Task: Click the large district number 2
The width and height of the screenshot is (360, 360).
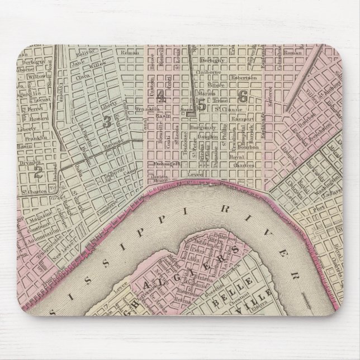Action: [38, 173]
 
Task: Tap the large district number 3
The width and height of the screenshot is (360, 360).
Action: [106, 122]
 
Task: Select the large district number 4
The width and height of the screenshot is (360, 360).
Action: [162, 96]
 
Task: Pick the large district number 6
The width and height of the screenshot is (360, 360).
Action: [243, 96]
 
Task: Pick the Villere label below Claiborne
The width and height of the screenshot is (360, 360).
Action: [216, 86]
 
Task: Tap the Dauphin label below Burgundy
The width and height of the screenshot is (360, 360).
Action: [207, 136]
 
